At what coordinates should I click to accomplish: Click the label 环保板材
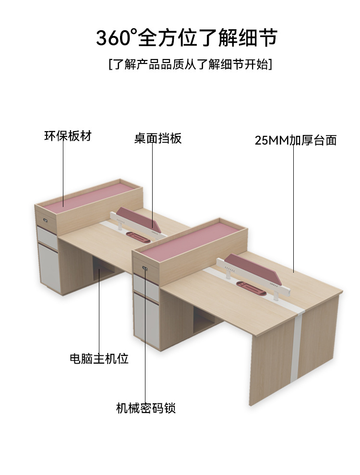tap(67, 136)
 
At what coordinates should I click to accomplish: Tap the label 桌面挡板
tap(158, 139)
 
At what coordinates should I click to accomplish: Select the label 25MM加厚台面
tap(296, 140)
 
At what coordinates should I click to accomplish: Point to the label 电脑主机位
tap(99, 358)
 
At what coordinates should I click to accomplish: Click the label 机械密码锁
tap(146, 408)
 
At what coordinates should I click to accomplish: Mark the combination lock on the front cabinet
tap(144, 267)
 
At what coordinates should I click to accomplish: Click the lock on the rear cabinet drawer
tap(46, 221)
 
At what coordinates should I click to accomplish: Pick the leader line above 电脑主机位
tap(99, 312)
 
